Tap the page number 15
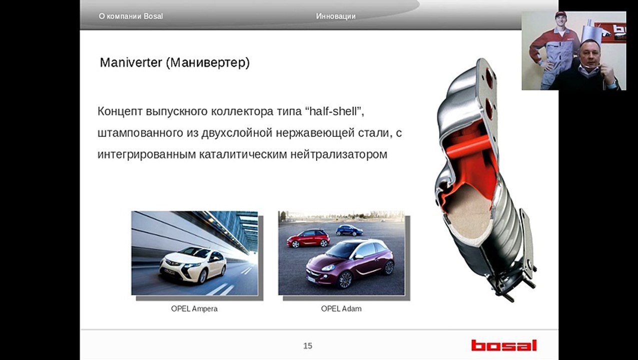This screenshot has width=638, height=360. (x=308, y=345)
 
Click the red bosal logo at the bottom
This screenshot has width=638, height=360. (x=503, y=345)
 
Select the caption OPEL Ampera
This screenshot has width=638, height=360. (x=194, y=308)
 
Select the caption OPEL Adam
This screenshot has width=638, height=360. (x=341, y=308)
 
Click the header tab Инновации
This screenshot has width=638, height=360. (x=336, y=16)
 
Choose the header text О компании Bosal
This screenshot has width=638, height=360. (x=131, y=16)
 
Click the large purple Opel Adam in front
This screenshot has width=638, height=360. (x=350, y=262)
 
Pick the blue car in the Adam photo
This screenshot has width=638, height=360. (x=349, y=230)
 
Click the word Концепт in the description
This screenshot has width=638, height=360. (x=120, y=111)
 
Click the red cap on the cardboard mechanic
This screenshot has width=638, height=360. (x=561, y=14)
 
